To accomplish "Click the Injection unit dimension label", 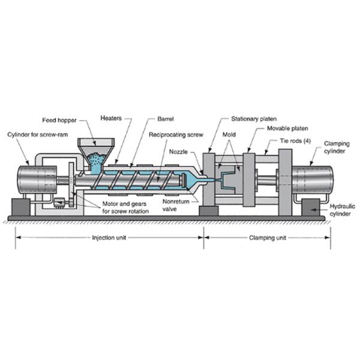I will [x=109, y=237].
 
